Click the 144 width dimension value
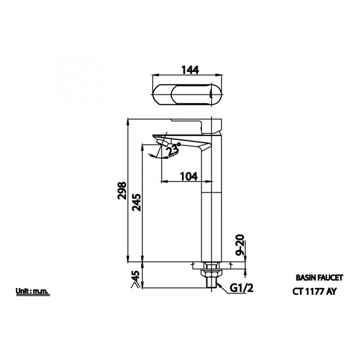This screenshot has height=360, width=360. click(x=190, y=70)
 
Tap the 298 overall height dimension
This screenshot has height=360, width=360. click(x=122, y=191)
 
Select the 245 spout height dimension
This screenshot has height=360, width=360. click(x=136, y=202)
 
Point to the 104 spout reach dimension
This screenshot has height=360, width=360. click(x=189, y=176)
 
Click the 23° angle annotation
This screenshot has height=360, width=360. click(x=173, y=149)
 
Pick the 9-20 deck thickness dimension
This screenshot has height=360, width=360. click(x=240, y=245)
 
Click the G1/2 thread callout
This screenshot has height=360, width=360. click(x=241, y=288)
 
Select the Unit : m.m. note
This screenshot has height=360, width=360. click(x=33, y=291)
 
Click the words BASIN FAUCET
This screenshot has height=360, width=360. click(x=319, y=278)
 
